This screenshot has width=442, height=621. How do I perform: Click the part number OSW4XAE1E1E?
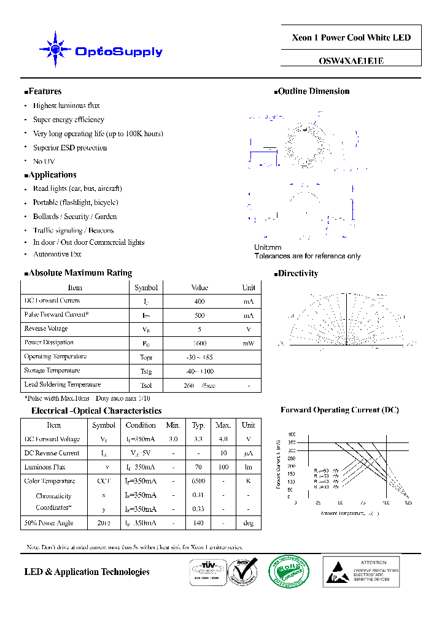point(351,61)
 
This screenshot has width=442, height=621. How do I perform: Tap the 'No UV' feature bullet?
point(44,161)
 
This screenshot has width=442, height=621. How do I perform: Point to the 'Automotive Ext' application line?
point(57,254)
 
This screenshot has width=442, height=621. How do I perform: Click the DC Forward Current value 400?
point(200,301)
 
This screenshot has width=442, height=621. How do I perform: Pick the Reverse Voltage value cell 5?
point(200,329)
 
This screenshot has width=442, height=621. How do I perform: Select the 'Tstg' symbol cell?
point(145,371)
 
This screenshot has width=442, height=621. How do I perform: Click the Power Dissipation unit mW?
point(248,343)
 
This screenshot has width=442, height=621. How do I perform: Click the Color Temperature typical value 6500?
point(198,481)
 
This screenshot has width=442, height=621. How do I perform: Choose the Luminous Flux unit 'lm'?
point(248,467)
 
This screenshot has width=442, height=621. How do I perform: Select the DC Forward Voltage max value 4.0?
point(222,439)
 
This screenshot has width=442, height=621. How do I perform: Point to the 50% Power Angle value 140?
point(198,523)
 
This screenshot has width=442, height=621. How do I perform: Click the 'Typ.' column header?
point(198,425)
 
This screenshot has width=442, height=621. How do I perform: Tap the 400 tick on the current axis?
point(292,434)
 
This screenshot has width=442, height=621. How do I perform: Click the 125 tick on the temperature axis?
point(408,503)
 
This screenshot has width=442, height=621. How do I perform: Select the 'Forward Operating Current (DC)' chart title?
point(339,410)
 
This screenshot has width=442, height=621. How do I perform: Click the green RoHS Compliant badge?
point(289,571)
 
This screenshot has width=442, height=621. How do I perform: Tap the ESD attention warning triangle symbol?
point(336,571)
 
